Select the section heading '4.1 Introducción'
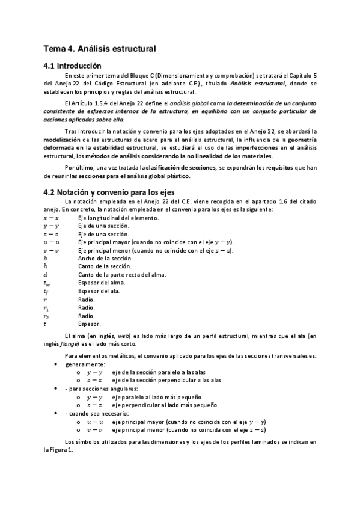pos(73,65)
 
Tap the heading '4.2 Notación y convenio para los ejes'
pos(109,192)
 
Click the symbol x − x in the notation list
pos(51,217)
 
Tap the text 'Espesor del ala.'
pos(99,291)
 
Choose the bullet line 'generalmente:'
pos(85,364)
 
